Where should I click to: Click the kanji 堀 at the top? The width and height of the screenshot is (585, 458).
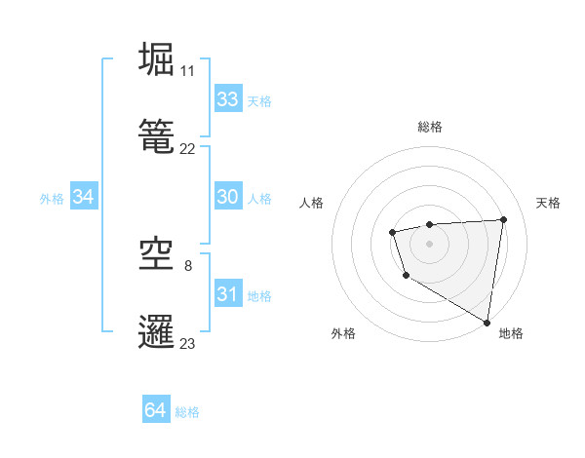pyautogui.click(x=158, y=58)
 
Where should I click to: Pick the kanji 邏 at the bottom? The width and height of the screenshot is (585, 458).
pyautogui.click(x=158, y=331)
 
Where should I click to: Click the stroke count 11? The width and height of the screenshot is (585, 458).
pyautogui.click(x=188, y=71)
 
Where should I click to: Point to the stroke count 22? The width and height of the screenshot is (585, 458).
pyautogui.click(x=188, y=149)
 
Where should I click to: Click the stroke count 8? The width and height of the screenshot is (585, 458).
pyautogui.click(x=188, y=265)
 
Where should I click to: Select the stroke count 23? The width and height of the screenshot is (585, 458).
pyautogui.click(x=188, y=343)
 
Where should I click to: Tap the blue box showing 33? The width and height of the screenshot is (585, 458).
pyautogui.click(x=228, y=99)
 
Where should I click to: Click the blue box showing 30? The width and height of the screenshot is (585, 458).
pyautogui.click(x=228, y=197)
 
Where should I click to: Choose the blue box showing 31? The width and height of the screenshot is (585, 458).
pyautogui.click(x=228, y=294)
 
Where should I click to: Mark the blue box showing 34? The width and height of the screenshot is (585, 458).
pyautogui.click(x=83, y=197)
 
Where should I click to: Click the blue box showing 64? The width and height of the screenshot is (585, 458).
pyautogui.click(x=156, y=410)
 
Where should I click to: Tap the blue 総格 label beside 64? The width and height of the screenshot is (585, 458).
pyautogui.click(x=187, y=412)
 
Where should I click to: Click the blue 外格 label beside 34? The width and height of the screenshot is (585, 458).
pyautogui.click(x=52, y=199)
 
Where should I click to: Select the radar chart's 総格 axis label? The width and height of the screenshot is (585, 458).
pyautogui.click(x=430, y=127)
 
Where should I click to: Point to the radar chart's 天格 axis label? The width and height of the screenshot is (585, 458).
pyautogui.click(x=548, y=203)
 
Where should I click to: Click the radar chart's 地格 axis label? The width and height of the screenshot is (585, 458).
pyautogui.click(x=511, y=334)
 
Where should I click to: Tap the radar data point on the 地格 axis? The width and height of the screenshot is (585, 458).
pyautogui.click(x=487, y=322)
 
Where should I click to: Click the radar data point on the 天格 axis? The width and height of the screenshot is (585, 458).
pyautogui.click(x=503, y=219)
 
